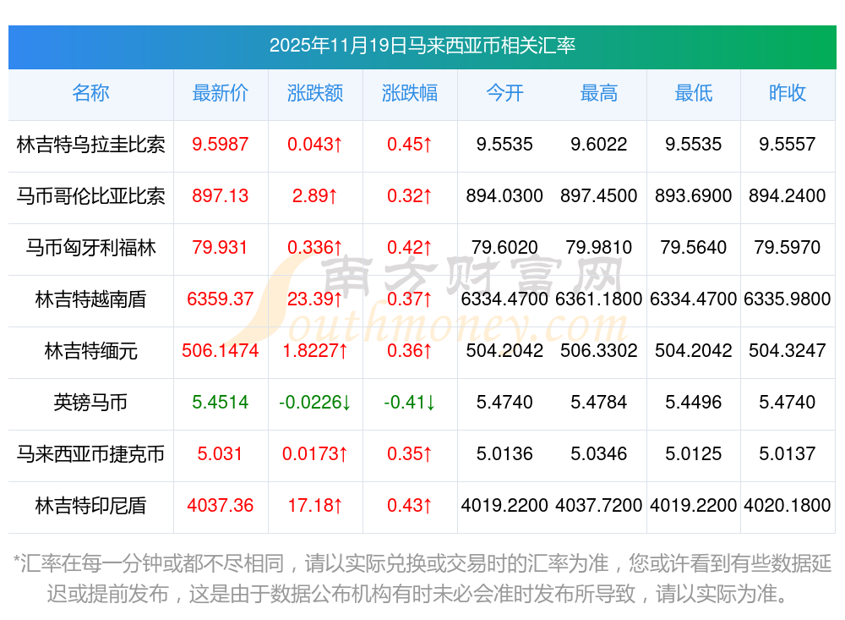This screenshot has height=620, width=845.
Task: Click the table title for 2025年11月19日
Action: pyautogui.click(x=422, y=46)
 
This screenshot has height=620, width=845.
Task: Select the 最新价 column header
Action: pyautogui.click(x=221, y=93)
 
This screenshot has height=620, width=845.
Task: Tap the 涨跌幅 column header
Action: pyautogui.click(x=410, y=93)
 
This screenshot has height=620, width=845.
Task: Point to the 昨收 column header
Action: pyautogui.click(x=788, y=93)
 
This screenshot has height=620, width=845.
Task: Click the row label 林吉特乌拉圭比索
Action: pyautogui.click(x=91, y=145)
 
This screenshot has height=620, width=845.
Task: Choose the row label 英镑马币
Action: pyautogui.click(x=91, y=403)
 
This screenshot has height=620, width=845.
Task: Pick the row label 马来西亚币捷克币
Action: pyautogui.click(x=91, y=454)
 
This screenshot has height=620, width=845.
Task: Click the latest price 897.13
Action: pyautogui.click(x=221, y=196)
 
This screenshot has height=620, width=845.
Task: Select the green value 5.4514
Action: pyautogui.click(x=221, y=403)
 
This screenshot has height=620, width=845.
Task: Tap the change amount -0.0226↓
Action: pyautogui.click(x=315, y=403)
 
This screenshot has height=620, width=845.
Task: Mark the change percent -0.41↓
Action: pyautogui.click(x=410, y=403)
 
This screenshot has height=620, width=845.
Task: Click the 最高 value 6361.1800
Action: pyautogui.click(x=599, y=299)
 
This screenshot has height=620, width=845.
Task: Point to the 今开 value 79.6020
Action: pyautogui.click(x=504, y=248)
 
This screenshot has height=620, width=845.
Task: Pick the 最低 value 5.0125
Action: pyautogui.click(x=694, y=454)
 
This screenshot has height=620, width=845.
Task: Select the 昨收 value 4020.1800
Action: pyautogui.click(x=788, y=506)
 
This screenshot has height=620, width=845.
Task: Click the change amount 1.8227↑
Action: pyautogui.click(x=315, y=351)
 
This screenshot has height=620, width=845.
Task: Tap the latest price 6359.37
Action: pyautogui.click(x=221, y=299)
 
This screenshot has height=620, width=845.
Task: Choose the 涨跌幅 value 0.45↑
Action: pyautogui.click(x=410, y=145)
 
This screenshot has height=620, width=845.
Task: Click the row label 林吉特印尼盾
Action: pyautogui.click(x=91, y=506)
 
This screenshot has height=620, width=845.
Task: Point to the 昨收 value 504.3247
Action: pyautogui.click(x=788, y=351)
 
